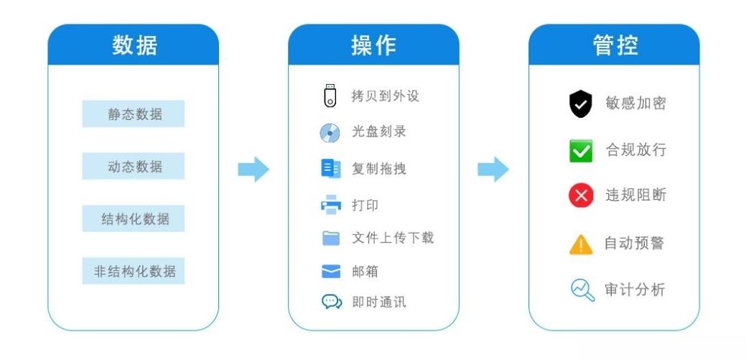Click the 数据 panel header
[134, 45]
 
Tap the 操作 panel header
[373, 45]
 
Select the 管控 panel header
[614, 45]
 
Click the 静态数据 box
[134, 114]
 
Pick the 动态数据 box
[134, 166]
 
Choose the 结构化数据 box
[134, 218]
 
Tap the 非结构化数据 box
[134, 271]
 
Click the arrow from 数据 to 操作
[253, 170]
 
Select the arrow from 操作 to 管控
[493, 170]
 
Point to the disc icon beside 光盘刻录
[330, 133]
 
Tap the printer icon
[330, 204]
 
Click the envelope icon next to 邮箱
[331, 272]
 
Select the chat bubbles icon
[332, 302]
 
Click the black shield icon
[581, 103]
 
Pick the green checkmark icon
[581, 151]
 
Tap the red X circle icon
[581, 195]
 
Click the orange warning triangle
[581, 244]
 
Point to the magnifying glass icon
[583, 290]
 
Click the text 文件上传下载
[393, 238]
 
